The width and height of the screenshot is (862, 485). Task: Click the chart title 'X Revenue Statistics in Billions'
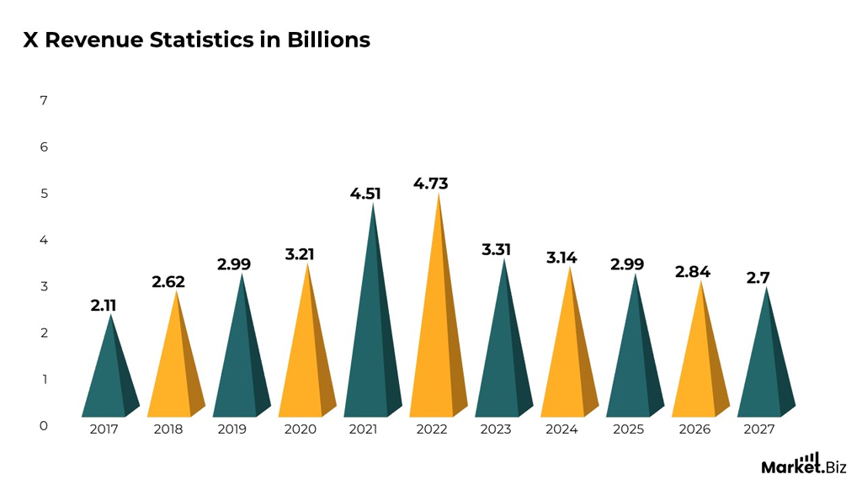coord(196,40)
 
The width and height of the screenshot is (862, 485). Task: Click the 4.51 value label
coord(365,194)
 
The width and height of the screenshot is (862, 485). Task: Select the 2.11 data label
coord(104,306)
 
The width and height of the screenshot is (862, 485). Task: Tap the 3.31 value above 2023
coord(496,250)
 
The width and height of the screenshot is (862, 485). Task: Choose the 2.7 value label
coord(758,278)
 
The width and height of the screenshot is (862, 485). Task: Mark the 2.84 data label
coord(693,271)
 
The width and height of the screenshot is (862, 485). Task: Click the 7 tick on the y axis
coord(44,101)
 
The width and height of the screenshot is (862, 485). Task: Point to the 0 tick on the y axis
coord(44,426)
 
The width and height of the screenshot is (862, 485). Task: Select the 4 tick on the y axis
coord(44,240)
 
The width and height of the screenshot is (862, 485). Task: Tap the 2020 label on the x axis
coord(300,429)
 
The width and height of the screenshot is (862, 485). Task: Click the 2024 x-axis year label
coord(561,429)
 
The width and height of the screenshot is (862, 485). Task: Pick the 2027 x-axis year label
coord(759,429)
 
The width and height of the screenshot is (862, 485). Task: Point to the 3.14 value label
coord(561,258)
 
